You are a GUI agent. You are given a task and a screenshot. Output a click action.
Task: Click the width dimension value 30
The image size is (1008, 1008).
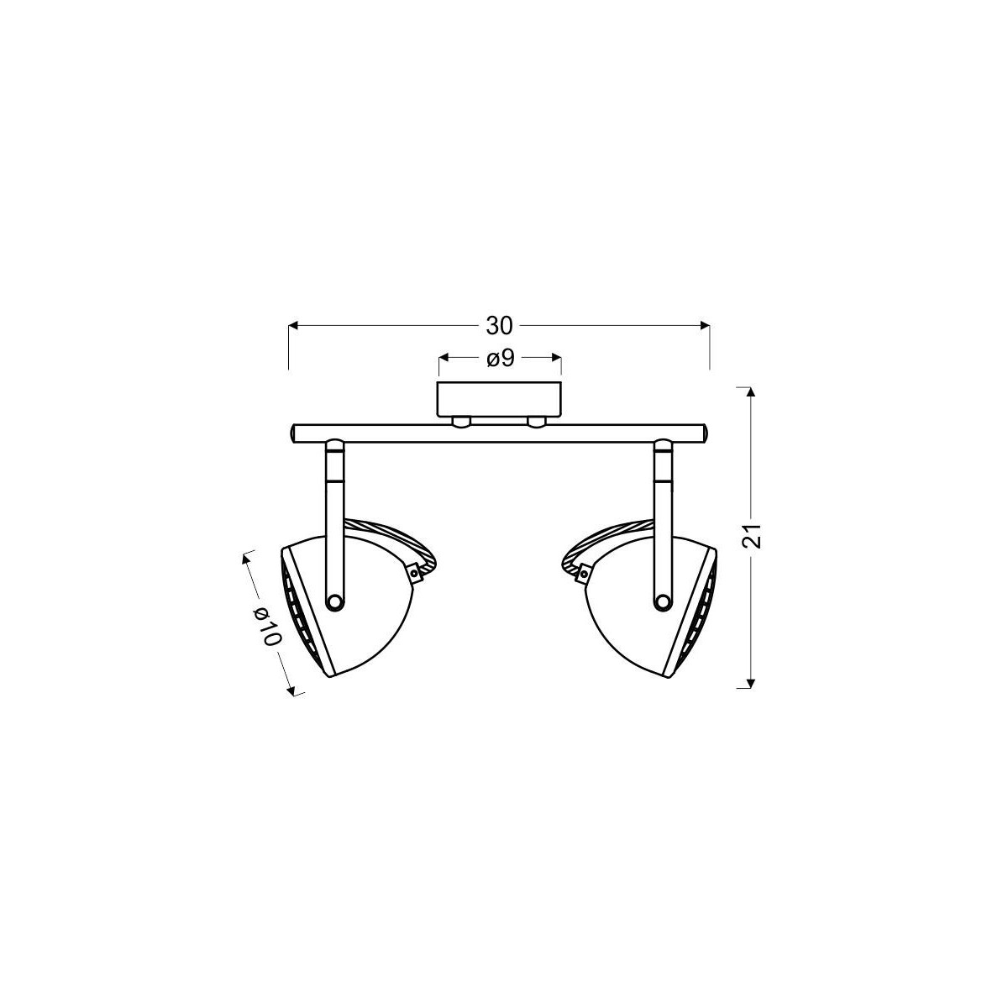pyautogui.click(x=500, y=327)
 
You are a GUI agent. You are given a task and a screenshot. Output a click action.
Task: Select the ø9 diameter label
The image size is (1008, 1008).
pyautogui.click(x=501, y=359)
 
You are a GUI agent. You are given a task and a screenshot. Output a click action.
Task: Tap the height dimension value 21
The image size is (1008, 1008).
pyautogui.click(x=751, y=535)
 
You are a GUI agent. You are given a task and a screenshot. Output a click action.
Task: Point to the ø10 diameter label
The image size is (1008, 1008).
pyautogui.click(x=268, y=627)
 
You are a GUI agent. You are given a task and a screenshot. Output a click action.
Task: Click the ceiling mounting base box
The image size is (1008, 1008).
pyautogui.click(x=500, y=399)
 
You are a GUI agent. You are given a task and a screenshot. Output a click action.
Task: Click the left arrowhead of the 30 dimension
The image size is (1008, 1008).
pyautogui.click(x=293, y=326)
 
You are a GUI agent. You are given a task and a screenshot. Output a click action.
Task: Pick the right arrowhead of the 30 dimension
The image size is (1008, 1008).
pyautogui.click(x=705, y=326)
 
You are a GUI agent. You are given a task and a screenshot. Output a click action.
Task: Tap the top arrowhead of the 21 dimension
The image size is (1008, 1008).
pyautogui.click(x=751, y=391)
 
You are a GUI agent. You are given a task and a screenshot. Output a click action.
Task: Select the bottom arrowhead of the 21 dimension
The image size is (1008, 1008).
pyautogui.click(x=751, y=683)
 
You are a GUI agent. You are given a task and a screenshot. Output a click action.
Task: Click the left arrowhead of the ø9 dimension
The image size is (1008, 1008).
pyautogui.click(x=444, y=358)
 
